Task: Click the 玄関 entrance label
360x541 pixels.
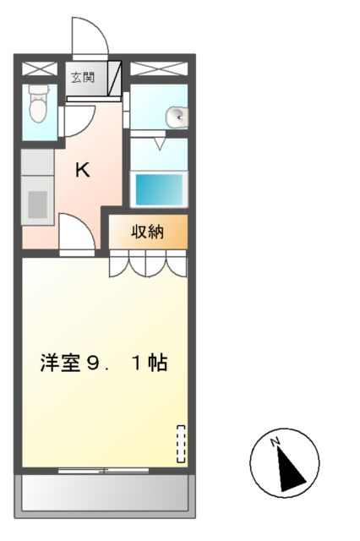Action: [83, 79]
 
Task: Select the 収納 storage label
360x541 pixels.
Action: [146, 232]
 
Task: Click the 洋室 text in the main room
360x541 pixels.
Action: [57, 364]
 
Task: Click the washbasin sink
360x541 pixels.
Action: [174, 117]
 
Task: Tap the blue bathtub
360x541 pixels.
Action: [158, 188]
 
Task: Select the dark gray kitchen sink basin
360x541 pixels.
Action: [37, 204]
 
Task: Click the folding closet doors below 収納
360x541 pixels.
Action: [147, 265]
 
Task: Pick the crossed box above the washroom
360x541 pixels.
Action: [159, 68]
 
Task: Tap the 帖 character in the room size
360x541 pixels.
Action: [158, 364]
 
